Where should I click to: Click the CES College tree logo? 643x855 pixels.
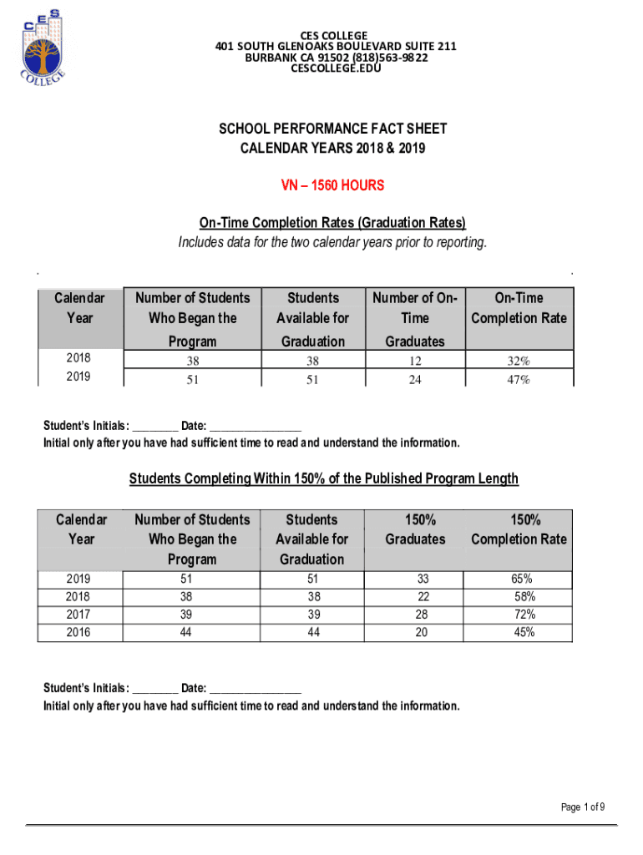click(42, 48)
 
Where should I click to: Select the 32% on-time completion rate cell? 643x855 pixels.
click(519, 362)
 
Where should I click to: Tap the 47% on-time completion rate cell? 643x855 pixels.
click(519, 380)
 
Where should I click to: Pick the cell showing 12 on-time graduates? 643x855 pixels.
click(415, 362)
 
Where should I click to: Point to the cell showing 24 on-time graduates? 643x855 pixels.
click(415, 380)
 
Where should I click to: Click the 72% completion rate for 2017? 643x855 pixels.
click(524, 615)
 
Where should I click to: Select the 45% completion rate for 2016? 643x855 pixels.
click(524, 633)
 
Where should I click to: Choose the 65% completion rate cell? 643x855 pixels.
click(524, 579)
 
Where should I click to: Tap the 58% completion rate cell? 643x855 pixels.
click(524, 597)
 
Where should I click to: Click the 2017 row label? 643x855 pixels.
click(81, 615)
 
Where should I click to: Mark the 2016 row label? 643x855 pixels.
click(81, 633)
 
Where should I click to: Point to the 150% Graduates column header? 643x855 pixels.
click(415, 529)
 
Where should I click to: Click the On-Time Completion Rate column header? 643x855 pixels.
click(519, 308)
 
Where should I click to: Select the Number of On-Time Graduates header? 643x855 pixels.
click(415, 318)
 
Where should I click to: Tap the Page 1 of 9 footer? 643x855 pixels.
click(583, 807)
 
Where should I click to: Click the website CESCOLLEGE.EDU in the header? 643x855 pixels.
click(336, 68)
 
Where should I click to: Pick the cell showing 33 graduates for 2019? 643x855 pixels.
click(421, 579)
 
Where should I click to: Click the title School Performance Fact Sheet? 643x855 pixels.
click(332, 129)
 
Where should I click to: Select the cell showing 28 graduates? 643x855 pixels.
click(421, 615)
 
